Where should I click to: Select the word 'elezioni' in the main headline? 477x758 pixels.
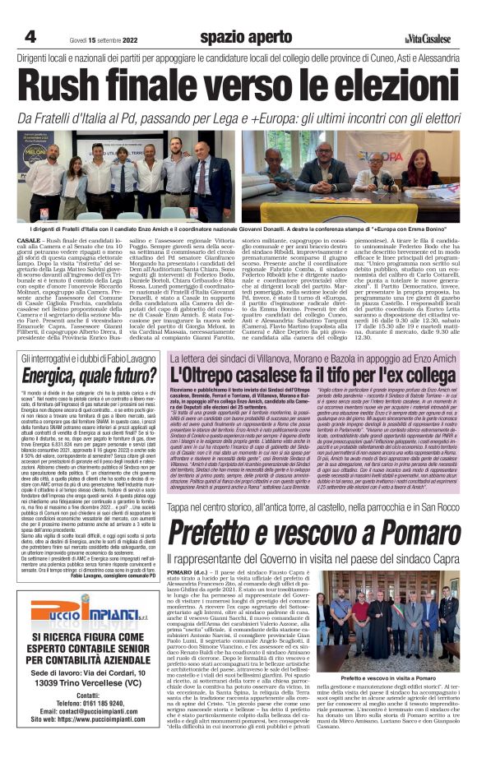390,86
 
